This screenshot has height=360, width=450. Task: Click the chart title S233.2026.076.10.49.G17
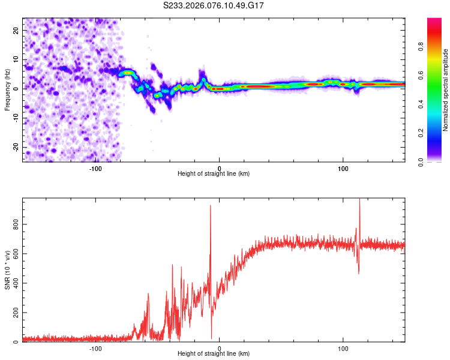[x=214, y=6]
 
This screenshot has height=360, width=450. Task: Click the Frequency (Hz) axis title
[x=7, y=89]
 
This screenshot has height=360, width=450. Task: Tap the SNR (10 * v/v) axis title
[x=7, y=270]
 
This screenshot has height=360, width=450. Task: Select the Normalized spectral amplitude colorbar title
[x=445, y=90]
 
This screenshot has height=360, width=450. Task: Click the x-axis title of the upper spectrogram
[x=214, y=174]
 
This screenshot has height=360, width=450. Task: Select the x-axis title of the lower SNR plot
[x=214, y=354]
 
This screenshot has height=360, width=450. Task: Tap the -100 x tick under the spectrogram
[x=95, y=168]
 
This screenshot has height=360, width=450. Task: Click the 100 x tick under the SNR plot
[x=343, y=348]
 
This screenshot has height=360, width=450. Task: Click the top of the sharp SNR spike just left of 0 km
[x=211, y=206]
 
